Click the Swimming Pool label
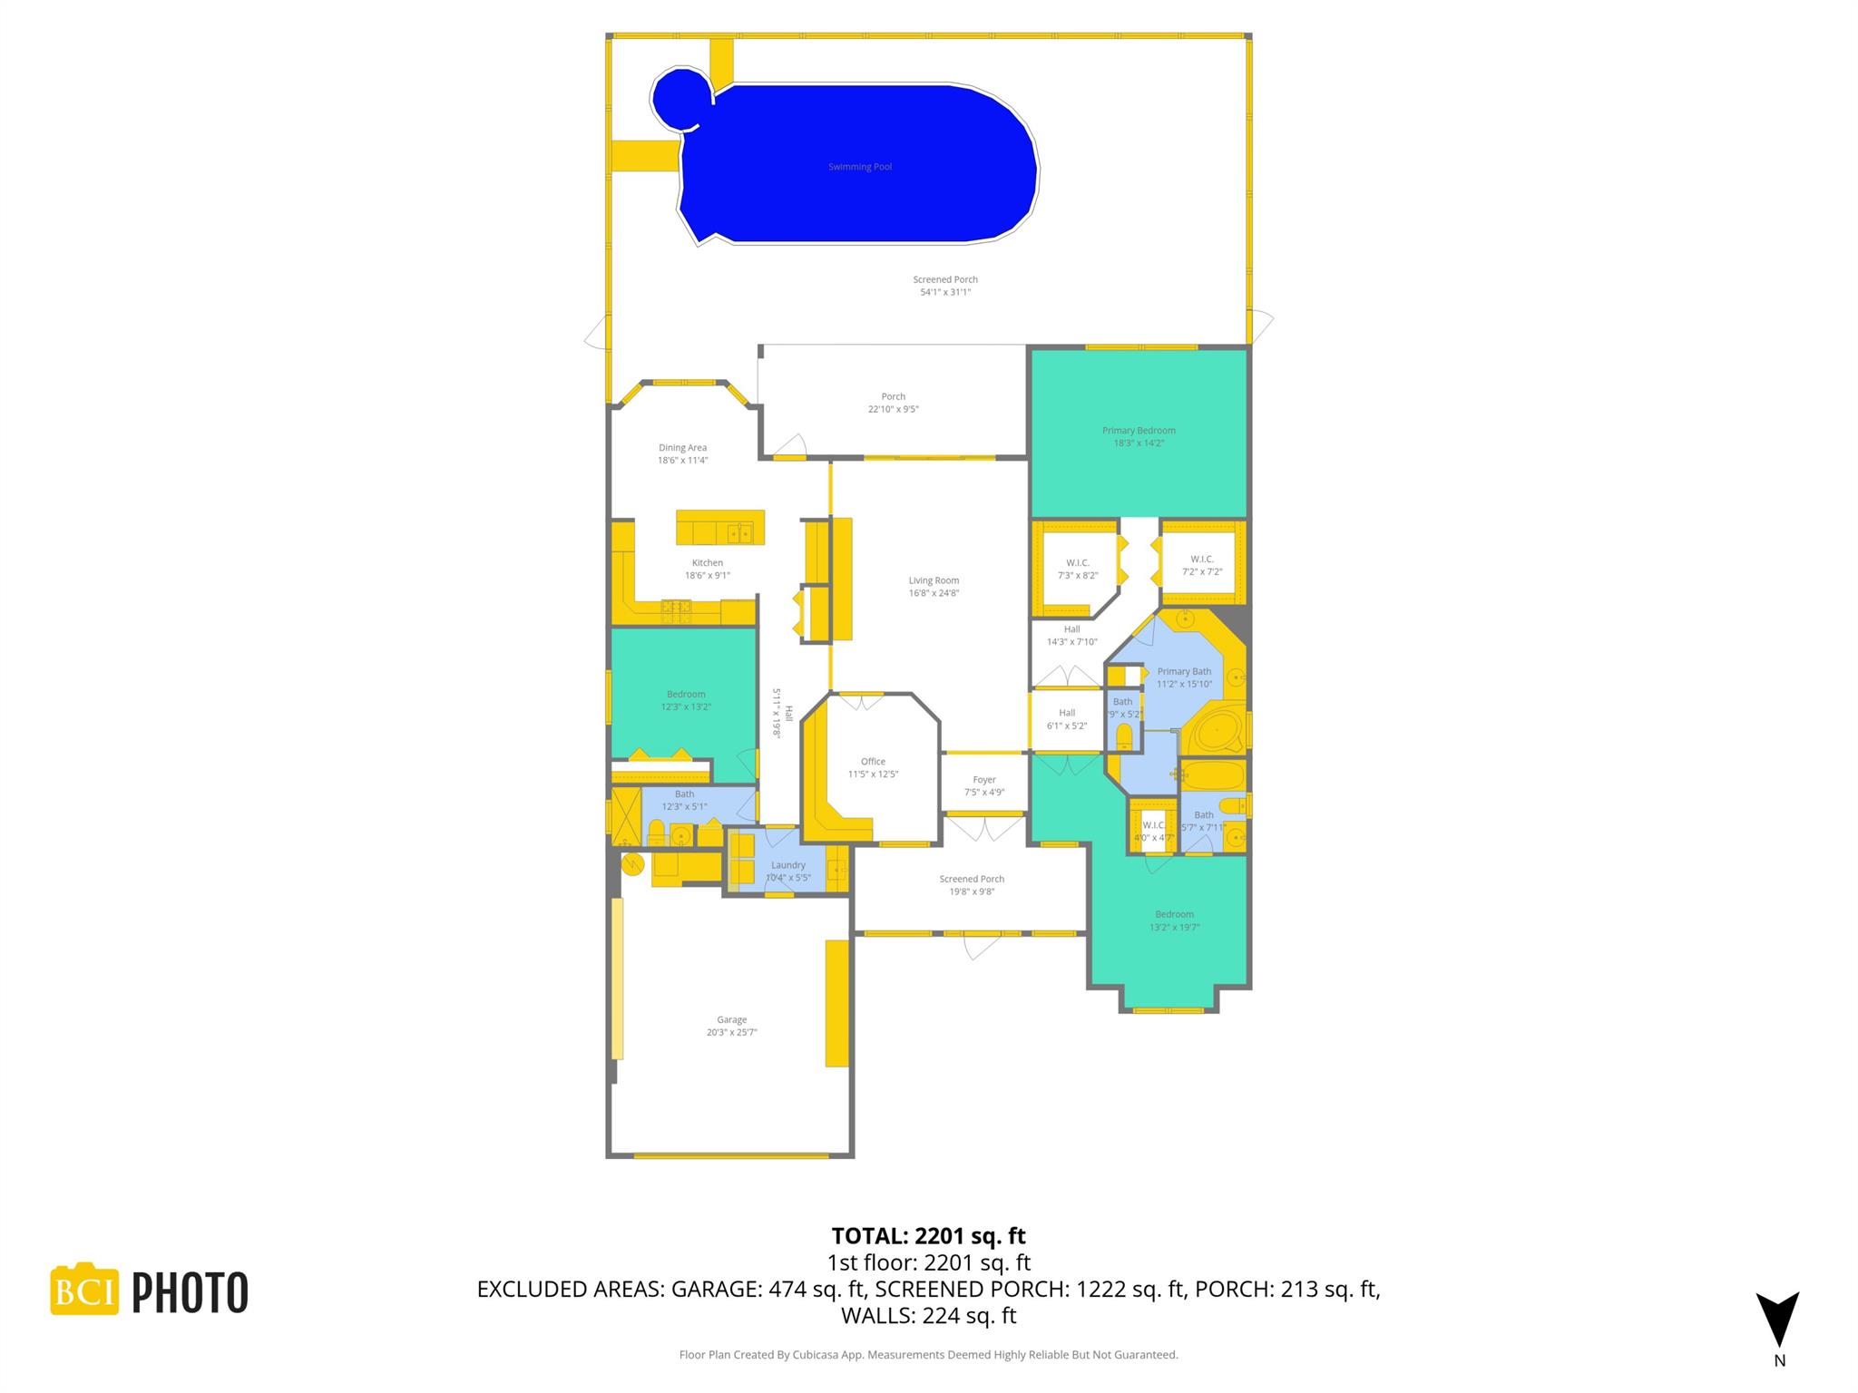pyautogui.click(x=859, y=167)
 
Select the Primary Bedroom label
pyautogui.click(x=1139, y=431)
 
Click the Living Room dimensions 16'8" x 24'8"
pyautogui.click(x=934, y=593)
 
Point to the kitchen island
pyautogui.click(x=720, y=527)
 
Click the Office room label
pyautogui.click(x=873, y=762)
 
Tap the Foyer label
pyautogui.click(x=984, y=780)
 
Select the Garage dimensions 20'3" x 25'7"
pyautogui.click(x=731, y=1032)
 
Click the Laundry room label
pyautogui.click(x=788, y=865)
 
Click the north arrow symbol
pyautogui.click(x=1777, y=1319)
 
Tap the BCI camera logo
pyautogui.click(x=84, y=1290)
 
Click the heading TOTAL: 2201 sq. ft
pyautogui.click(x=928, y=1236)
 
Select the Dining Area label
pyautogui.click(x=682, y=448)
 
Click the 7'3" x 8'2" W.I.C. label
pyautogui.click(x=1078, y=563)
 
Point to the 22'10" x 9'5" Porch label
pyautogui.click(x=893, y=397)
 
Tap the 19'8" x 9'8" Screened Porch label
pyautogui.click(x=972, y=879)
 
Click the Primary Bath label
pyautogui.click(x=1184, y=672)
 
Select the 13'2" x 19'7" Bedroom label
pyautogui.click(x=1174, y=914)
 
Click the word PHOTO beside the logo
pyautogui.click(x=191, y=1292)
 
